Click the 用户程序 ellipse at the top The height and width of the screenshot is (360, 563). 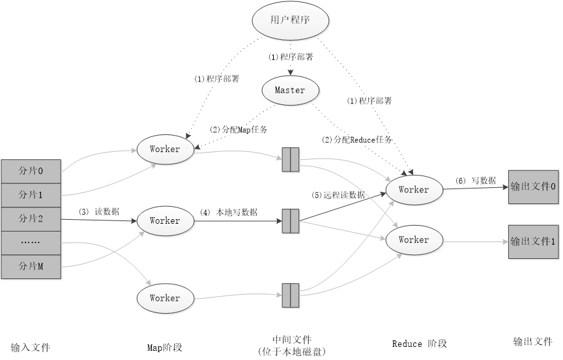pyautogui.click(x=289, y=20)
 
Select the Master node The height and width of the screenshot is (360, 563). pyautogui.click(x=289, y=91)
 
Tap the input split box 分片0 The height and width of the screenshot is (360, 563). pyautogui.click(x=31, y=172)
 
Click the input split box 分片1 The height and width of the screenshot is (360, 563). pyautogui.click(x=31, y=195)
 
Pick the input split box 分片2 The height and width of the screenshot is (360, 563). pyautogui.click(x=31, y=218)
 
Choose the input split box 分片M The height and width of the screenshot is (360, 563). pyautogui.click(x=31, y=266)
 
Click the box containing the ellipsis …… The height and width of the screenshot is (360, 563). pyautogui.click(x=31, y=242)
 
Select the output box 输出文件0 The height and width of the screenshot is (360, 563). pyautogui.click(x=533, y=187)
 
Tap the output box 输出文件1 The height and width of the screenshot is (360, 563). pyautogui.click(x=533, y=241)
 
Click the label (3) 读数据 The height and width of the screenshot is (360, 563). pyautogui.click(x=99, y=212)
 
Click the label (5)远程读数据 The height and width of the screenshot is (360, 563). pyautogui.click(x=338, y=194)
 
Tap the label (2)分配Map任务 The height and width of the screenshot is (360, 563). pyautogui.click(x=238, y=129)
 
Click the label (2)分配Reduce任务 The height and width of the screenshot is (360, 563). pyautogui.click(x=358, y=140)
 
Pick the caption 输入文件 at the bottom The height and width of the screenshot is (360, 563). pyautogui.click(x=31, y=347)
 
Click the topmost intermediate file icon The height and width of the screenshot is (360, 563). pyautogui.click(x=290, y=159)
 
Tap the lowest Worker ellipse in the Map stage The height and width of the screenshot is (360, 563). pyautogui.click(x=165, y=298)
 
